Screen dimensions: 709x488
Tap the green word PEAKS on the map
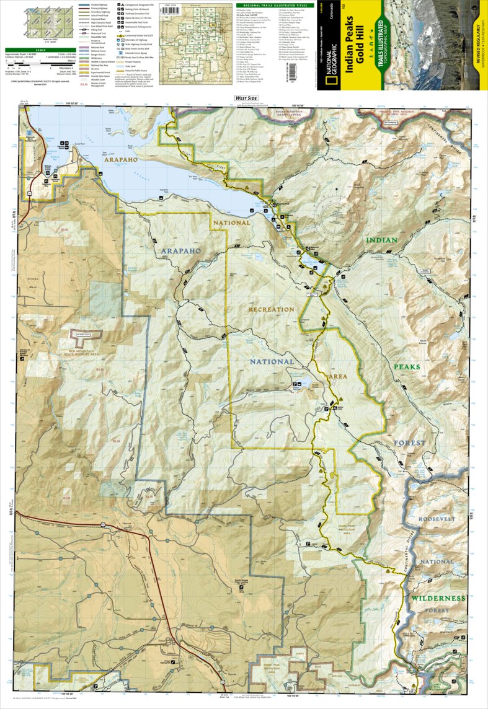[x=406, y=367]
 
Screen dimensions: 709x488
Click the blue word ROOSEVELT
[x=437, y=518]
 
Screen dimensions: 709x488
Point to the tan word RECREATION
[x=271, y=309]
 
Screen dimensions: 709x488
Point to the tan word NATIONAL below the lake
[x=231, y=222]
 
